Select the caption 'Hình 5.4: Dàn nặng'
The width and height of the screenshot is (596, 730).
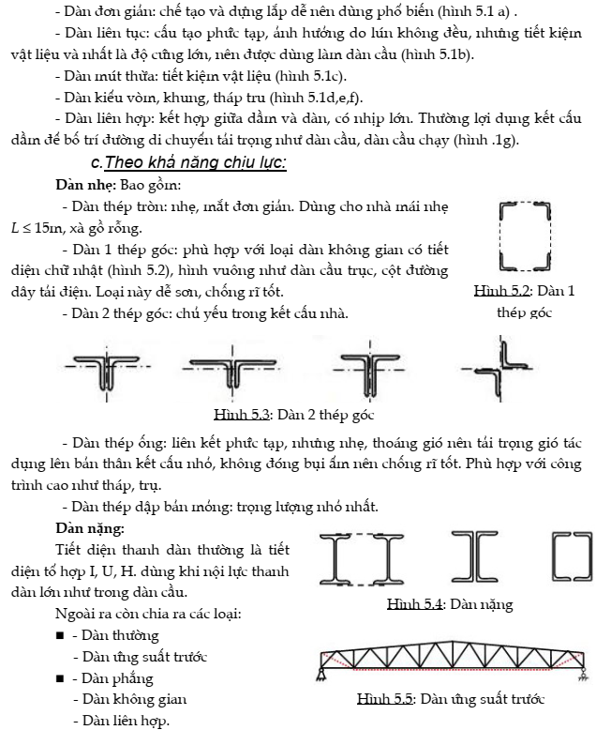[x=450, y=605]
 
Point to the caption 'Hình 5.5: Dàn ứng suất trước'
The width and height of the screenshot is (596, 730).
[x=451, y=699]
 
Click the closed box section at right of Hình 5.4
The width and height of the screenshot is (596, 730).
[x=570, y=561]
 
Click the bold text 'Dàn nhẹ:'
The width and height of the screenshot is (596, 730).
[x=86, y=184]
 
